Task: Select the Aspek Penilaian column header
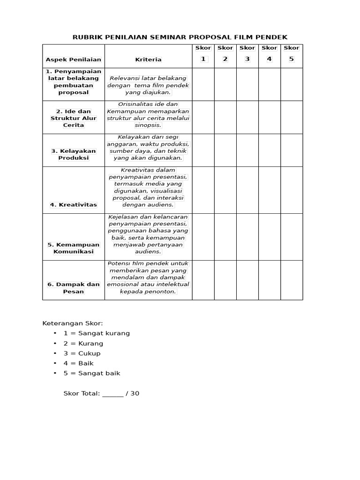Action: [74, 60]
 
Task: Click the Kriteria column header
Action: [148, 60]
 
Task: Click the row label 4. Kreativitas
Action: [74, 205]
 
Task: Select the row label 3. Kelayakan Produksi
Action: [74, 154]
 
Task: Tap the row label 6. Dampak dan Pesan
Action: [74, 288]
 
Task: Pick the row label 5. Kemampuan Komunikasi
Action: [74, 248]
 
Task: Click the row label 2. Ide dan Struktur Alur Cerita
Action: [74, 118]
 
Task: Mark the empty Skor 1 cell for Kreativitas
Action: [203, 190]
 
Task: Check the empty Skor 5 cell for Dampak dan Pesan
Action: [292, 280]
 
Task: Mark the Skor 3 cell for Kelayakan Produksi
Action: [247, 150]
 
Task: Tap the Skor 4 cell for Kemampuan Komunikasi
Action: [269, 237]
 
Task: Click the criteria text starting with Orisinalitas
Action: [148, 115]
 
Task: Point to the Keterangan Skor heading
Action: [73, 323]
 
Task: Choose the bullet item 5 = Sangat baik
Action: [92, 373]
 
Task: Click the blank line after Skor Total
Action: [112, 394]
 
